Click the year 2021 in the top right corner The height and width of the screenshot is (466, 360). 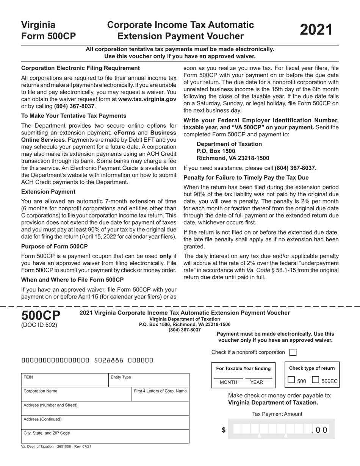316,30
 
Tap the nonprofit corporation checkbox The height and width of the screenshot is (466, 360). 293,352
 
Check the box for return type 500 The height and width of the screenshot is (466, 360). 291,380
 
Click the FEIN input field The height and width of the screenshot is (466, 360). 64,380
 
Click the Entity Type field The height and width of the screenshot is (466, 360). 148,380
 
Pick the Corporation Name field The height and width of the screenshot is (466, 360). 76,394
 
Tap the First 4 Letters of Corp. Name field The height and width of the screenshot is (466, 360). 160,394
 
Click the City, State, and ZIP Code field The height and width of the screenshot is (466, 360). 105,436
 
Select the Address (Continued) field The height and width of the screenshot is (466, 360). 105,422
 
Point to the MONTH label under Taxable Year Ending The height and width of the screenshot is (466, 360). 229,382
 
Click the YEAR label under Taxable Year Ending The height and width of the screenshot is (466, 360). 257,382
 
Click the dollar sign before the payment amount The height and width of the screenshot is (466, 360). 224,430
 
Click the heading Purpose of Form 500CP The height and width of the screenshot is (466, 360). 55,246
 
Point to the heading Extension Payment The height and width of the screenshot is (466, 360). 48,192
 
